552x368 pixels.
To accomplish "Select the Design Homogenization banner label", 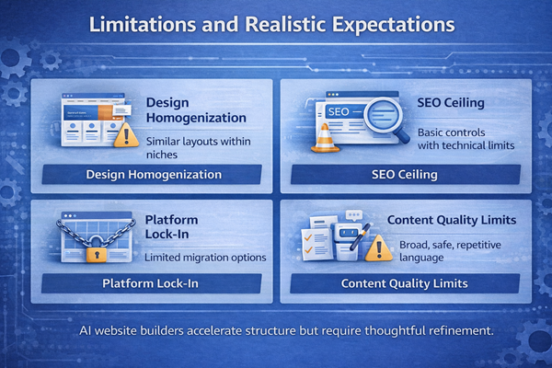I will pos(153,175).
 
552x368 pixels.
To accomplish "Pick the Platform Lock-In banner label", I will pos(152,284).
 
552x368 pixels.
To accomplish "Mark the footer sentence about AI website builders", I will pos(276,329).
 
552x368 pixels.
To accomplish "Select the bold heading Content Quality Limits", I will pos(451,221).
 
